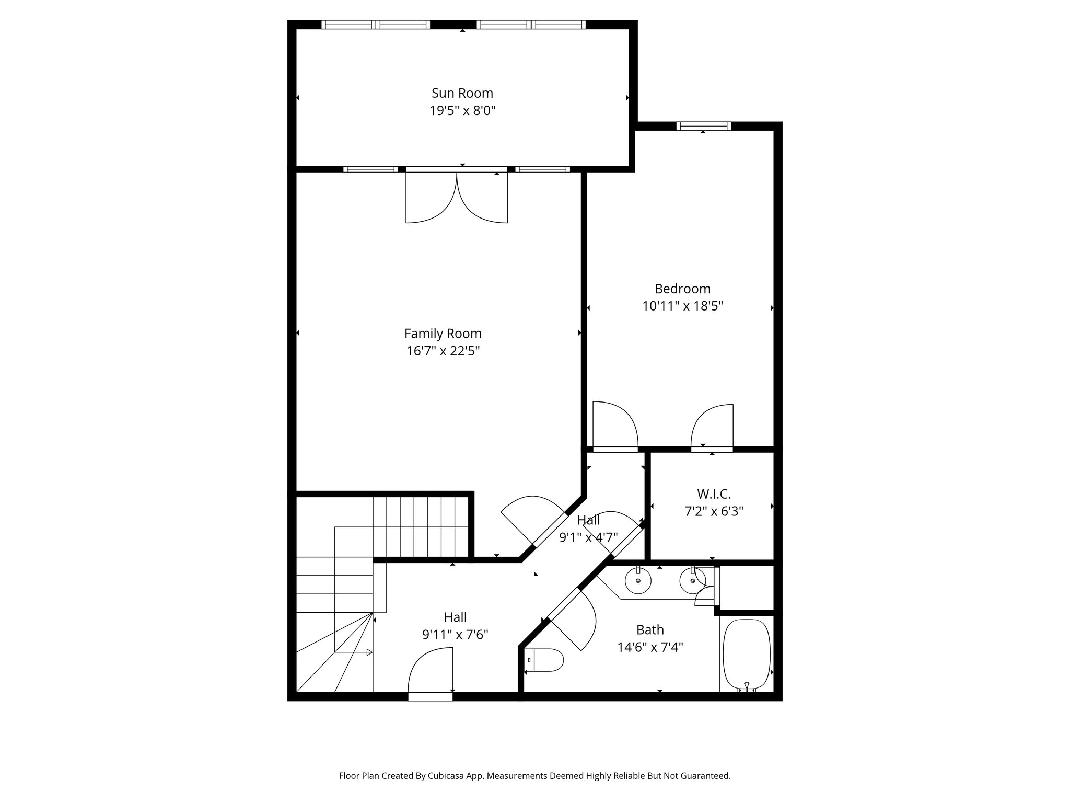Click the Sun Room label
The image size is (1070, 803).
click(x=462, y=93)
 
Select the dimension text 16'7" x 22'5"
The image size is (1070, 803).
click(x=443, y=351)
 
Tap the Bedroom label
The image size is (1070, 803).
click(x=682, y=289)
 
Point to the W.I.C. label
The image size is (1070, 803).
click(x=714, y=494)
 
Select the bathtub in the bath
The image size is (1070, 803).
click(x=746, y=655)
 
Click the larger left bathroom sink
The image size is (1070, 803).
click(x=638, y=580)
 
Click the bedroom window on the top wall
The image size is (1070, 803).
click(x=703, y=126)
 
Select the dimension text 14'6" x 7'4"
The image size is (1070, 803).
click(x=650, y=647)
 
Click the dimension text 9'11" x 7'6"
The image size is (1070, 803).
click(x=455, y=635)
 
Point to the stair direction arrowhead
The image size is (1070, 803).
click(x=369, y=652)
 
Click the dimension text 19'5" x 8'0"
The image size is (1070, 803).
click(x=462, y=111)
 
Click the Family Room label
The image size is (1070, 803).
click(x=443, y=334)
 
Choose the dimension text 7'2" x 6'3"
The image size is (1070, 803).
click(x=714, y=511)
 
